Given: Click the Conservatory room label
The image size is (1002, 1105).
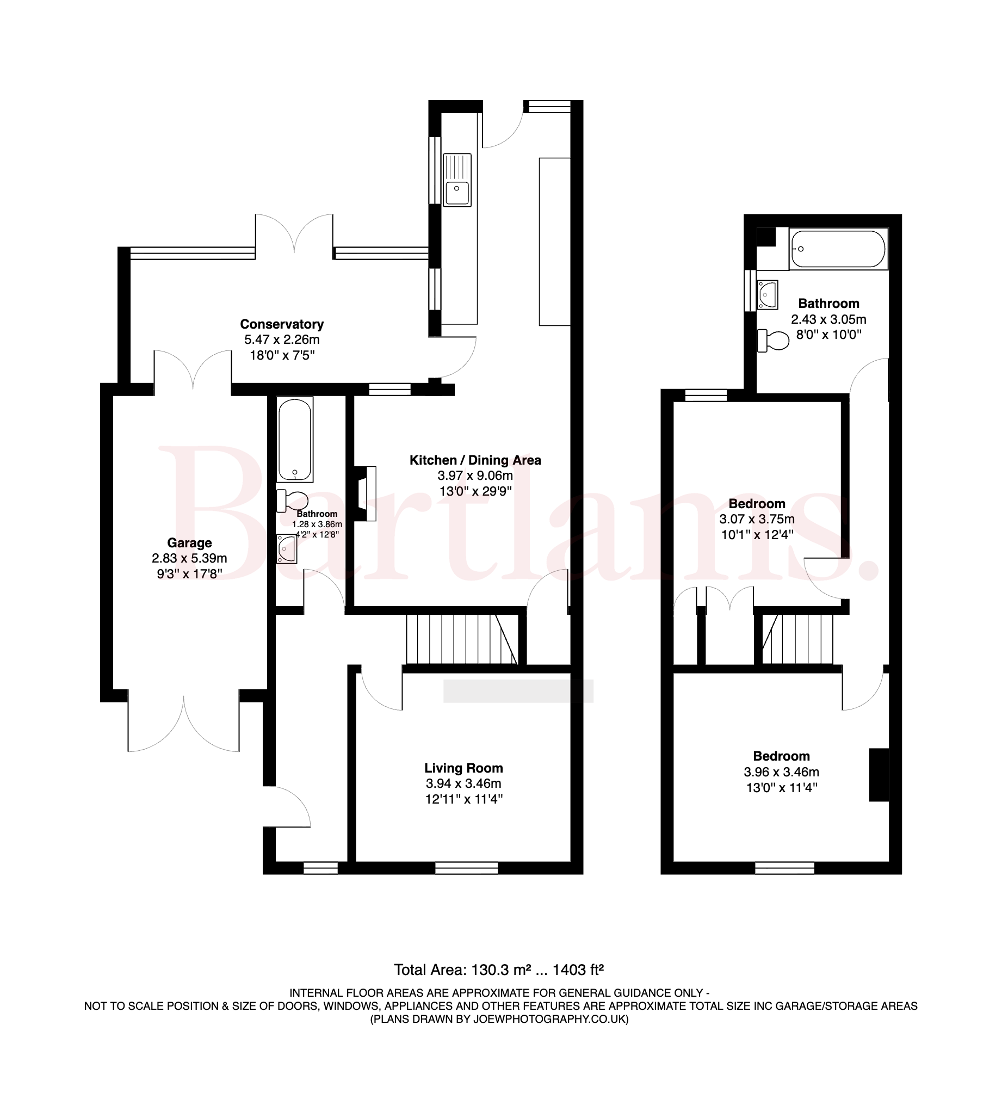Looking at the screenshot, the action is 282,324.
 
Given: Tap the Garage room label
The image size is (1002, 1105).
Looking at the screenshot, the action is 189,542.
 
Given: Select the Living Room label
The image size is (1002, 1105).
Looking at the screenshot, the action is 463,768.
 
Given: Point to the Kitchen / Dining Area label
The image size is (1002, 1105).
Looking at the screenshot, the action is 475,460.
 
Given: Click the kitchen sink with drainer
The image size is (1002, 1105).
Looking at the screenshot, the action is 457,180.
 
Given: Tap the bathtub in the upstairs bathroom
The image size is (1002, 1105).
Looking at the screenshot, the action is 838,249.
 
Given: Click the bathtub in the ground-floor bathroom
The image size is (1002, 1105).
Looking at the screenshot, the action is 295,440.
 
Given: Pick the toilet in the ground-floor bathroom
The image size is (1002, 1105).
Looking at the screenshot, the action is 292,501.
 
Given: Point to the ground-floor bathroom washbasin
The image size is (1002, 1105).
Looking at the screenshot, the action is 287,548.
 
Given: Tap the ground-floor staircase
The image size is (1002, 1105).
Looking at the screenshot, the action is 461,640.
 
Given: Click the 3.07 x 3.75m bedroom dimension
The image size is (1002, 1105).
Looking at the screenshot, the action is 757,518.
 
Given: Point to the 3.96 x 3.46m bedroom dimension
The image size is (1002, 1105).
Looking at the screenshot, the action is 782,771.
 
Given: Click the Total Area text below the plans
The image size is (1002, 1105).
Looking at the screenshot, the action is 499,970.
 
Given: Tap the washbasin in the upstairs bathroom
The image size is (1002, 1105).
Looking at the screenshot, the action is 768,295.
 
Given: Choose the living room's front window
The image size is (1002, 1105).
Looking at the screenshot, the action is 467,868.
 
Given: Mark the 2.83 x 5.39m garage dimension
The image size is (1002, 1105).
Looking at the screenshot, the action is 189,558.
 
